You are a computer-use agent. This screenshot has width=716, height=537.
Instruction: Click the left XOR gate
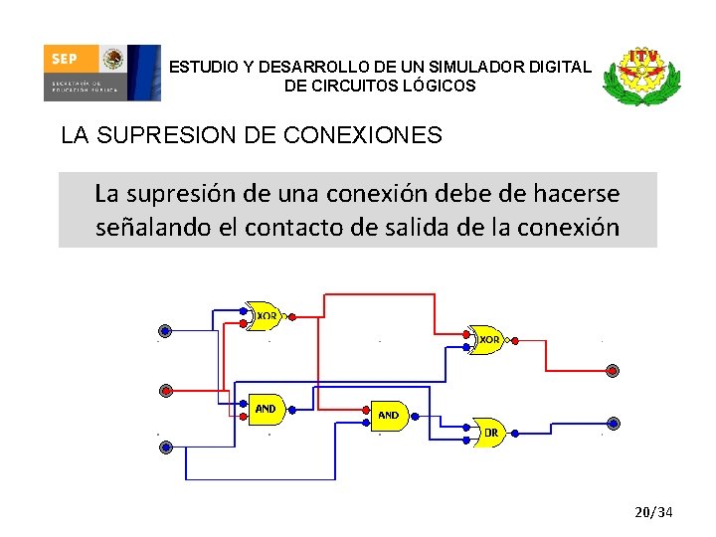pyautogui.click(x=264, y=315)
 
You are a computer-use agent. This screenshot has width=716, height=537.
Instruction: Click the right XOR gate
pyautogui.click(x=488, y=339)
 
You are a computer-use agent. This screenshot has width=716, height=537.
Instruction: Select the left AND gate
pyautogui.click(x=265, y=408)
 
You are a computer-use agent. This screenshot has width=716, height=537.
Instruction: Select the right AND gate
pyautogui.click(x=389, y=415)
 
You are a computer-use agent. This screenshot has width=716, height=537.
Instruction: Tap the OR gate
pyautogui.click(x=489, y=432)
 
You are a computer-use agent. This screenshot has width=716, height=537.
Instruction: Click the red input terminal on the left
pyautogui.click(x=166, y=390)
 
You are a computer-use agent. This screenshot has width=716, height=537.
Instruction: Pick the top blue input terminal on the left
pyautogui.click(x=165, y=331)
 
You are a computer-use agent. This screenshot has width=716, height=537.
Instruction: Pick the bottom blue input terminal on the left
pyautogui.click(x=166, y=447)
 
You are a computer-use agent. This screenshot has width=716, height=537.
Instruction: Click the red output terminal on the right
pyautogui.click(x=613, y=371)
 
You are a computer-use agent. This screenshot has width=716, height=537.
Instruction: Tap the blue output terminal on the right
pyautogui.click(x=613, y=423)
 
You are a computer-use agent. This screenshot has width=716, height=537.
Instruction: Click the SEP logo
pyautogui.click(x=100, y=73)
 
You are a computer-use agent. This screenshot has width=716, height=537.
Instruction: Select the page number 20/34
pyautogui.click(x=654, y=512)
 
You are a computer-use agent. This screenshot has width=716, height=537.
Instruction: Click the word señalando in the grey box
pyautogui.click(x=152, y=228)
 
